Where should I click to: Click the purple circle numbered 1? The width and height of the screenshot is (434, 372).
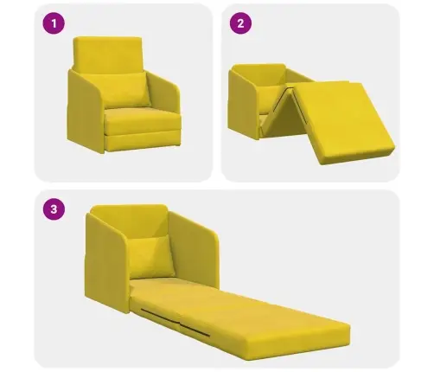click(54, 23)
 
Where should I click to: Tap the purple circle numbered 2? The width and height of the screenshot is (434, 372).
click(240, 23)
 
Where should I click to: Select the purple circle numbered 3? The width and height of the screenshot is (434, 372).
click(54, 209)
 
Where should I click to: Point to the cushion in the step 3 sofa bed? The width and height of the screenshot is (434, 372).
click(151, 256)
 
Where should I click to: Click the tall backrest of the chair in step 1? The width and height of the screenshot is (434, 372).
click(108, 54)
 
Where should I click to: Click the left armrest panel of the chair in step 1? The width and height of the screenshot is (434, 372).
click(84, 111)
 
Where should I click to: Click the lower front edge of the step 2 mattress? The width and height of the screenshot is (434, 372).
click(357, 157)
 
